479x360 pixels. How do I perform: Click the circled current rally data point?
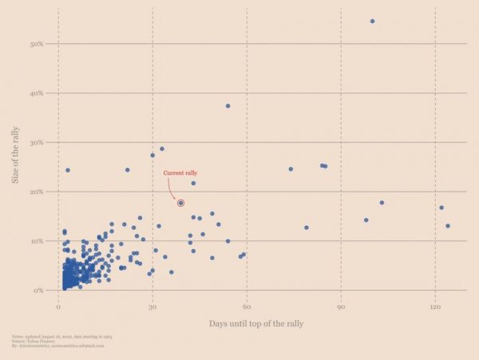[181, 204]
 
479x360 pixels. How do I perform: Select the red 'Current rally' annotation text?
[180, 173]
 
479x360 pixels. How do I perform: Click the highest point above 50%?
[372, 21]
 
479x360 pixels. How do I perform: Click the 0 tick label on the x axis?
[58, 307]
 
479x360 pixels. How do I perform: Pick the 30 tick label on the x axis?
[152, 307]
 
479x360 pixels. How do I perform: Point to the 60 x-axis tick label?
[247, 307]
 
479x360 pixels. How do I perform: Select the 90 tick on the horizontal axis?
[341, 307]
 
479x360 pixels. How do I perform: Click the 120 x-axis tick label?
[434, 307]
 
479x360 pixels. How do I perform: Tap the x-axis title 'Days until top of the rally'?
[256, 324]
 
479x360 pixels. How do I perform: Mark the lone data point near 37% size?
[228, 106]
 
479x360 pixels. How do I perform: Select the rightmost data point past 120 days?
[448, 226]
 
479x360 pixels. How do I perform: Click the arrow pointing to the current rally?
[172, 192]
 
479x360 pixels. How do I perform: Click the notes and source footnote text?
[59, 342]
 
